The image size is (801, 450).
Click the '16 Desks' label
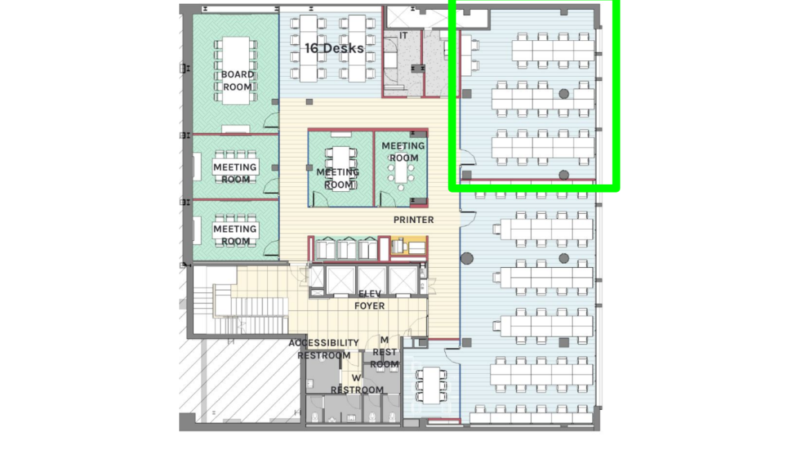click(334, 48)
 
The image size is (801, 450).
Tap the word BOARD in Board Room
click(237, 75)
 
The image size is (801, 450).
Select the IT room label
click(404, 36)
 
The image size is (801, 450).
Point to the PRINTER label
click(413, 219)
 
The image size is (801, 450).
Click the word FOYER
click(369, 306)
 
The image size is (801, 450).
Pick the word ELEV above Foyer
click(369, 294)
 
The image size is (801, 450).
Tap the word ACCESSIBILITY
click(324, 343)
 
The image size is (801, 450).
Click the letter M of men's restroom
click(384, 340)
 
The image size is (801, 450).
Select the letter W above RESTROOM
click(356, 378)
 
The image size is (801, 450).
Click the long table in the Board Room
click(236, 71)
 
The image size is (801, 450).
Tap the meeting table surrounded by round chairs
click(401, 172)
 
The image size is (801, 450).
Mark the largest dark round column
click(467, 258)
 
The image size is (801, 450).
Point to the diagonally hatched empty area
click(240, 381)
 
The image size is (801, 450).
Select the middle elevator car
click(371, 280)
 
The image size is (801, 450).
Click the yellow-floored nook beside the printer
click(408, 247)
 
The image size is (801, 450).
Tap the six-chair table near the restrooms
click(433, 385)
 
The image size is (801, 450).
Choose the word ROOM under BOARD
click(237, 87)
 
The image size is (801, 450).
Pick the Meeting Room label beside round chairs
click(403, 152)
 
